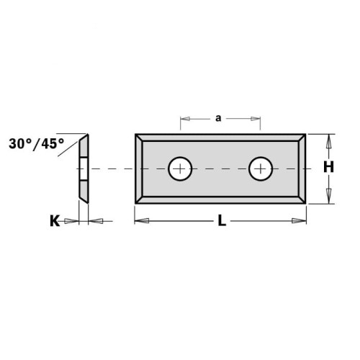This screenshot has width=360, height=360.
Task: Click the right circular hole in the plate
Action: (260, 169)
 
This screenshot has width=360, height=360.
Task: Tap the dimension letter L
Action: (222, 222)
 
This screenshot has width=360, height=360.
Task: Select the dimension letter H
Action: (329, 167)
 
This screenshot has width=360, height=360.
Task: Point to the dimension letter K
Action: (54, 222)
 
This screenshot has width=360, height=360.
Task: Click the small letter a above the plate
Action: (218, 119)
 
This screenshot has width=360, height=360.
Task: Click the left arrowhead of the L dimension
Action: (140, 222)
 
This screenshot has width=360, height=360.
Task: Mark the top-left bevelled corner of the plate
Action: (139, 137)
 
